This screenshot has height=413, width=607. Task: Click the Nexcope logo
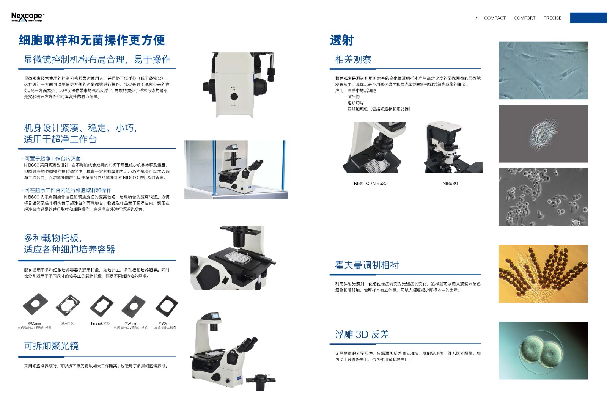tap(27, 17)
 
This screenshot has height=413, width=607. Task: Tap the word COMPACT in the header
tap(495, 18)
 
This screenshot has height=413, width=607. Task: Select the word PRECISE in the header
tap(552, 18)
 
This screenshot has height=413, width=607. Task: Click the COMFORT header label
tap(524, 18)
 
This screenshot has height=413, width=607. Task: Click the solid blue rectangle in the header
tap(588, 18)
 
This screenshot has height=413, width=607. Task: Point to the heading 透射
tap(341, 40)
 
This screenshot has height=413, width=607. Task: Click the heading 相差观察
tap(353, 60)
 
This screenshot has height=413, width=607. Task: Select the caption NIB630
tap(450, 183)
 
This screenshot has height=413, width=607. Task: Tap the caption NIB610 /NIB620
tap(370, 183)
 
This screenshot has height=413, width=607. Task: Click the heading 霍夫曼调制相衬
tap(366, 265)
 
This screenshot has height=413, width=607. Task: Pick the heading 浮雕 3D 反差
tap(362, 334)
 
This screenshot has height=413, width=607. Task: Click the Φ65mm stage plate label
tap(35, 323)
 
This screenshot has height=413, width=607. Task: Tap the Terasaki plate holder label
tap(100, 323)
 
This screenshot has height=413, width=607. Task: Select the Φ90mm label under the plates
tap(165, 323)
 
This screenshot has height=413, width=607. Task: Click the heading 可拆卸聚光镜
tap(51, 346)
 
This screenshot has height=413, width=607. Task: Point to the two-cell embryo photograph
tap(543, 350)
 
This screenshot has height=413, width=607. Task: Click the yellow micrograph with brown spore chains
tap(543, 274)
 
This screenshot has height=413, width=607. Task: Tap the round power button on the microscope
tap(234, 96)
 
